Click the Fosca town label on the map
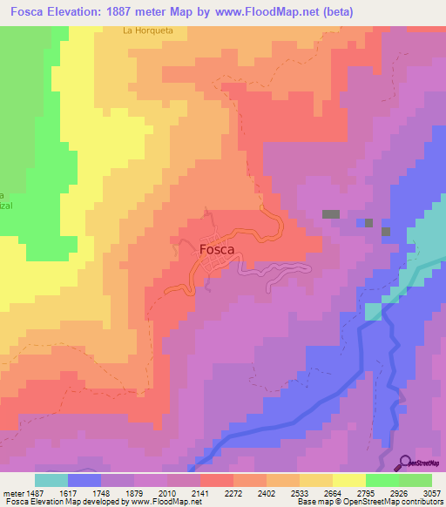[217, 249]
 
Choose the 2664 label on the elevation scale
[333, 492]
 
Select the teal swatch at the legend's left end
[51, 480]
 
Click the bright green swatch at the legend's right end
[416, 480]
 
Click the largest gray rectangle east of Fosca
[331, 213]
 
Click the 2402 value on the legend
[267, 492]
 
